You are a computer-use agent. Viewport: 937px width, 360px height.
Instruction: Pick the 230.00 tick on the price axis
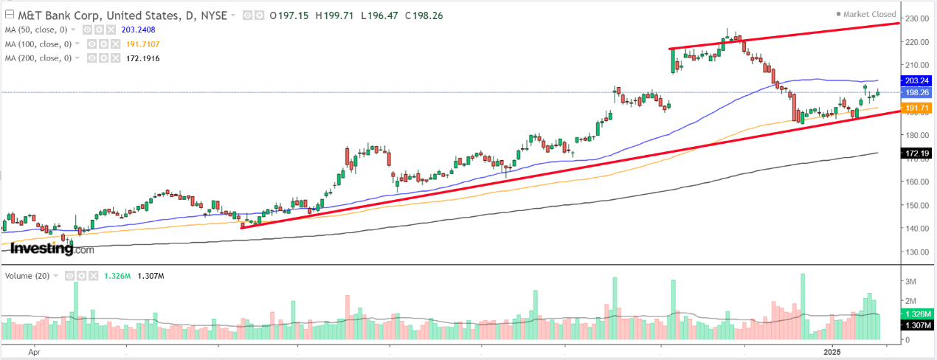click(x=916, y=18)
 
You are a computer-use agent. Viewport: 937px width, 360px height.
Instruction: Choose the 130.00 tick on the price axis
click(x=916, y=252)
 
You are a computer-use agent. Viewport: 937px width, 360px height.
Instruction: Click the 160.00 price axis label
click(x=916, y=181)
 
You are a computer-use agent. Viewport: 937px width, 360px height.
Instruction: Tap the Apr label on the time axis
click(x=33, y=352)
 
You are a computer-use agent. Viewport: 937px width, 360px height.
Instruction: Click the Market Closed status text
click(x=870, y=14)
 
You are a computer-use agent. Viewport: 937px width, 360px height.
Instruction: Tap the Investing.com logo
click(x=52, y=249)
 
